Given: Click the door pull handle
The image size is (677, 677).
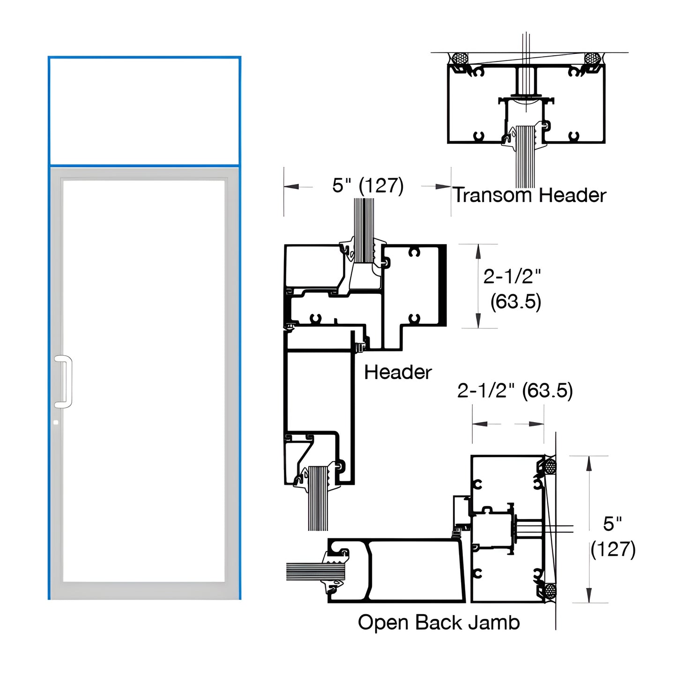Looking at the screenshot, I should (64, 381).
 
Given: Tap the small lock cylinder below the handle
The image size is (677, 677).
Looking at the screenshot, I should (56, 422).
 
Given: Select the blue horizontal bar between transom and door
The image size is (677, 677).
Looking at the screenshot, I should (144, 165).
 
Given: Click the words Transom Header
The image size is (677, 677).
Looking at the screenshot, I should (529, 195).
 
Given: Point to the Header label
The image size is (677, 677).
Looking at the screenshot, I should (398, 372).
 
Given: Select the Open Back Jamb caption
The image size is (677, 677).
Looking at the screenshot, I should (439, 623).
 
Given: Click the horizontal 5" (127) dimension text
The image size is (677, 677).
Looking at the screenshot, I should (368, 186).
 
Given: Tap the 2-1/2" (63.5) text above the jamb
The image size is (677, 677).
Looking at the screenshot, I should (515, 390).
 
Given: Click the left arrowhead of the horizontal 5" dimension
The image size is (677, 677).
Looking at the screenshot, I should (291, 186).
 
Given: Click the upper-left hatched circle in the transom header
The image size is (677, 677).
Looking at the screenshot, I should (461, 59).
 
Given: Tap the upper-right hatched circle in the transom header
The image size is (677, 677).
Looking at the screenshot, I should (593, 59).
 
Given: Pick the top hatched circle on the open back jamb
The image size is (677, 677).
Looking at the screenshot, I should (550, 467).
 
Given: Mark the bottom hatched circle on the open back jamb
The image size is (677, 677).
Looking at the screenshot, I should (550, 590).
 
